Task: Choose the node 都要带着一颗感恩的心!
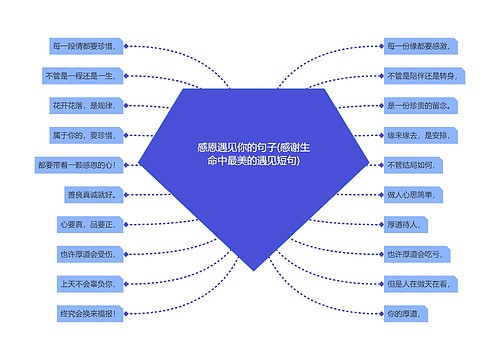(x=77, y=165)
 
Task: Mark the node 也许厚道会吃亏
(x=412, y=254)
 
